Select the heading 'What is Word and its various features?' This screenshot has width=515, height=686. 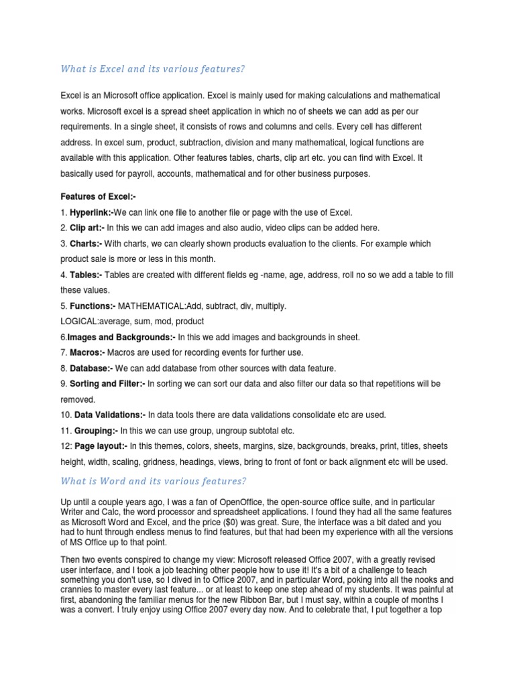(154, 481)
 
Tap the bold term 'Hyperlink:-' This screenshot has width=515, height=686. (92, 212)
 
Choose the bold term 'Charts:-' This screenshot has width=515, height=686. (86, 244)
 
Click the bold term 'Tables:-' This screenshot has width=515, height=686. (86, 275)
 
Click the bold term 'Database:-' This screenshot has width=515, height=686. (91, 368)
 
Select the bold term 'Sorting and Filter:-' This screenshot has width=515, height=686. (107, 384)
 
